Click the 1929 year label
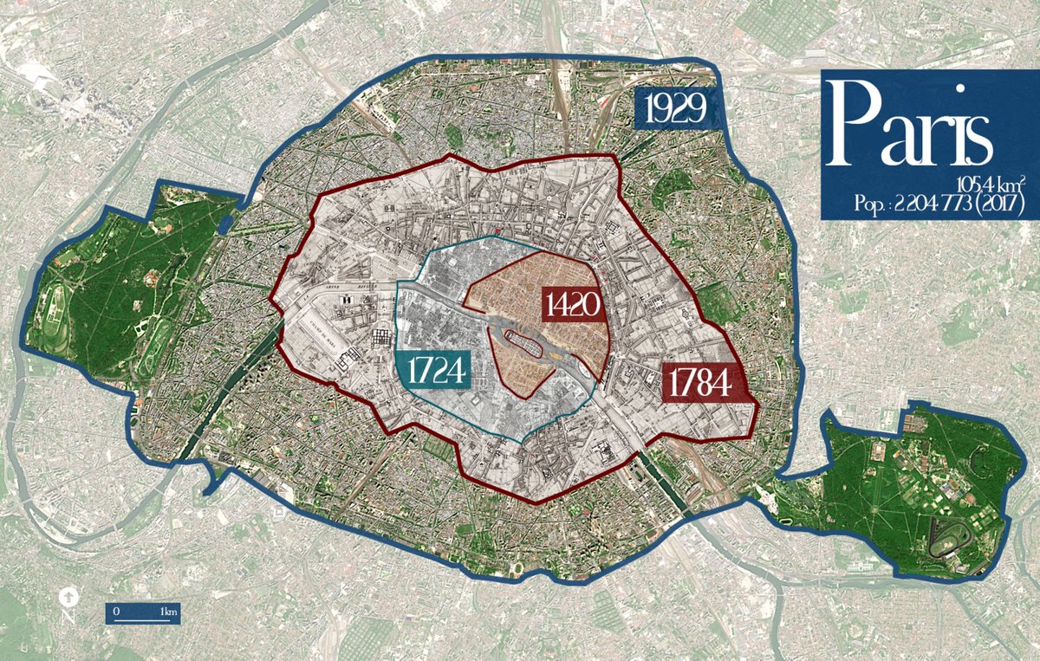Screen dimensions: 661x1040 [x=679, y=110]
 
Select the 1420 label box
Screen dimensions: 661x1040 [x=573, y=305]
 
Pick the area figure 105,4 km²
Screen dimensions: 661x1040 [x=991, y=185]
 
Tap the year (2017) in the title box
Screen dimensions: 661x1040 [x=1002, y=204]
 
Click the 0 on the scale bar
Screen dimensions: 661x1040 [x=116, y=612]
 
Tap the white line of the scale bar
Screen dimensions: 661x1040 [x=144, y=620]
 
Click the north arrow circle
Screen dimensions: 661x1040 [x=67, y=597]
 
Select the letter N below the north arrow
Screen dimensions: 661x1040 [x=67, y=618]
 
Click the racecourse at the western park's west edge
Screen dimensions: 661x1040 [x=56, y=308]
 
